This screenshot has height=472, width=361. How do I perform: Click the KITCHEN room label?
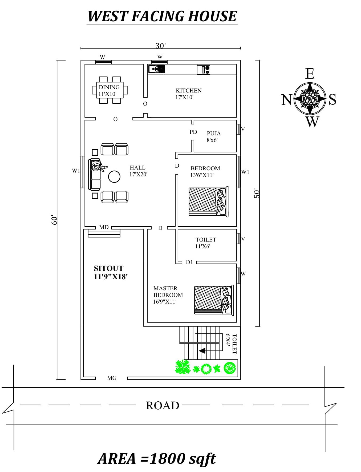(x=188, y=91)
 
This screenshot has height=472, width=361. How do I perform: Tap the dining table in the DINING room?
(x=109, y=90)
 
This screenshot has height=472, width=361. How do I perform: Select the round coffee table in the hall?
(x=114, y=176)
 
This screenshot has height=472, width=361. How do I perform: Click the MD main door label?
(x=104, y=227)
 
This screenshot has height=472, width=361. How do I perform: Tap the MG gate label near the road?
(x=112, y=378)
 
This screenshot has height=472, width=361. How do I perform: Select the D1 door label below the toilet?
(x=189, y=262)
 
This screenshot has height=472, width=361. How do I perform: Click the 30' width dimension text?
(x=161, y=46)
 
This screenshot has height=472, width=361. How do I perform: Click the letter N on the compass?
(x=287, y=100)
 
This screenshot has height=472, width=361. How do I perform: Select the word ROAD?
(x=163, y=406)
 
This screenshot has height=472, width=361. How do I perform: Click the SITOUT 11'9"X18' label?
(x=111, y=272)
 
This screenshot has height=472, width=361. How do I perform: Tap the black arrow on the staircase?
(x=202, y=350)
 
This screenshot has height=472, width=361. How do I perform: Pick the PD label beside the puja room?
(x=193, y=132)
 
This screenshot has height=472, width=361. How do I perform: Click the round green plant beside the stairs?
(x=230, y=368)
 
